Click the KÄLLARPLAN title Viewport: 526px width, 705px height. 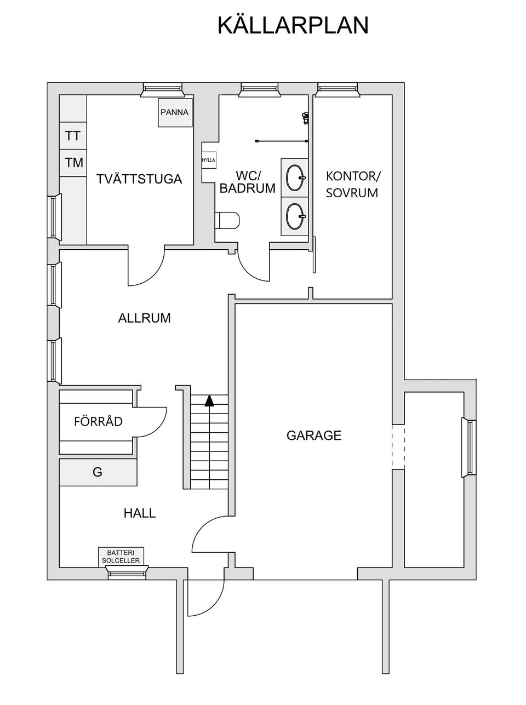coord(293,25)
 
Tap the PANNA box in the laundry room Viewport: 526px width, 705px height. coord(175,113)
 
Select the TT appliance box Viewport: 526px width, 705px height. coord(73,136)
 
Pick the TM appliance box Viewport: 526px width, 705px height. coord(73,163)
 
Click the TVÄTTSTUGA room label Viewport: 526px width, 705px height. coord(139,180)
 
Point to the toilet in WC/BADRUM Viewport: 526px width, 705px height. coord(229,220)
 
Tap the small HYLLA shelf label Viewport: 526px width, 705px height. coord(209,160)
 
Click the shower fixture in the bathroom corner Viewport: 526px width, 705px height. coord(305,117)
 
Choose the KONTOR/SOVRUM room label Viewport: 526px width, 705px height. coord(352,185)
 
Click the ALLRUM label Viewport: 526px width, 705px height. coord(144,318)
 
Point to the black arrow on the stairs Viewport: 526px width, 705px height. coord(209,401)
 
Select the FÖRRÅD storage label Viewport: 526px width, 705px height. coord(98,422)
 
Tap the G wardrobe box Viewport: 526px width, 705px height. coord(98,472)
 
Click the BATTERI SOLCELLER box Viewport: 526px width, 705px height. coord(121,556)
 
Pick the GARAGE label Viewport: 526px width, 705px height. coord(314,435)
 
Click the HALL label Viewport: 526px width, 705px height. coord(140,514)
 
